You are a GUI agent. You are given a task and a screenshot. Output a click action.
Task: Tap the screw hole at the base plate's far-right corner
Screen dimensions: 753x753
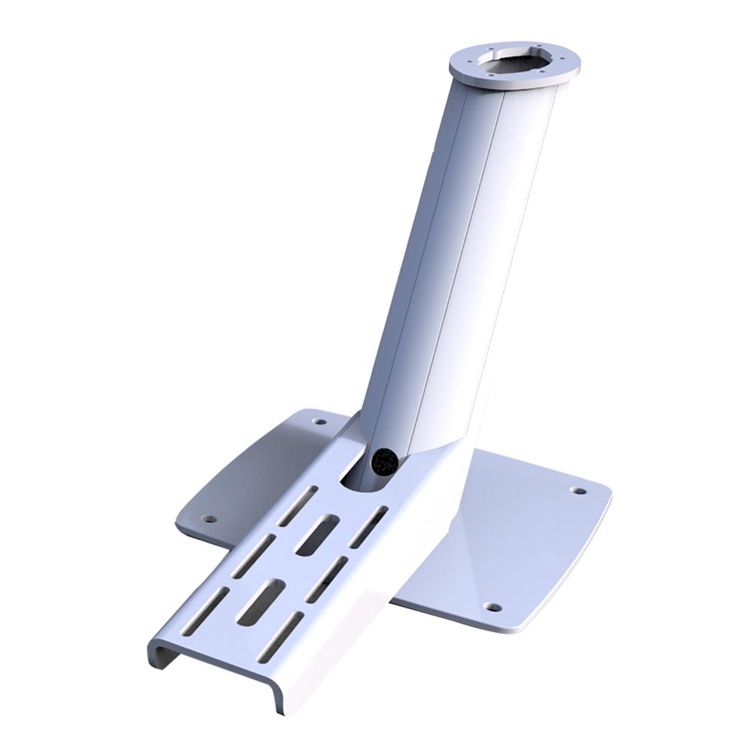578,491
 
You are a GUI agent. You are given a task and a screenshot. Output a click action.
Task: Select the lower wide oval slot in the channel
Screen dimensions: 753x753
261,602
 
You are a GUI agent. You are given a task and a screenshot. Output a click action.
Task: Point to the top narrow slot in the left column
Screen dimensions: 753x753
299,505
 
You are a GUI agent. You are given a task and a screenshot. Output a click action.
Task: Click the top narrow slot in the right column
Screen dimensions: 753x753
370,526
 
